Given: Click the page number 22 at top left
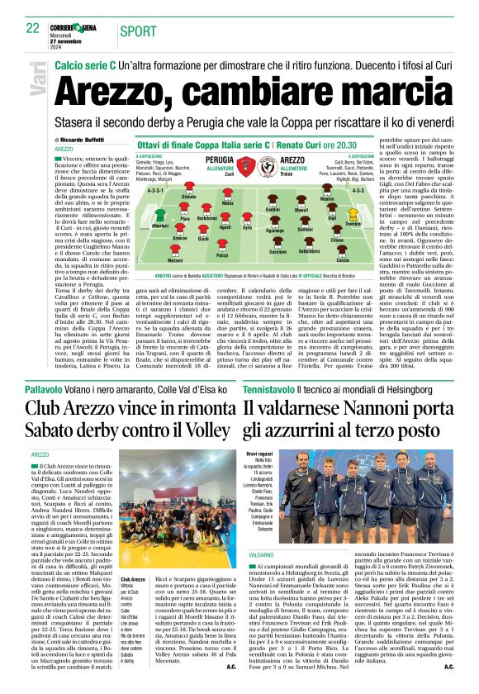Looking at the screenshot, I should (32, 27).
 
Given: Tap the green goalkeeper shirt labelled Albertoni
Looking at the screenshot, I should (159, 216).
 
